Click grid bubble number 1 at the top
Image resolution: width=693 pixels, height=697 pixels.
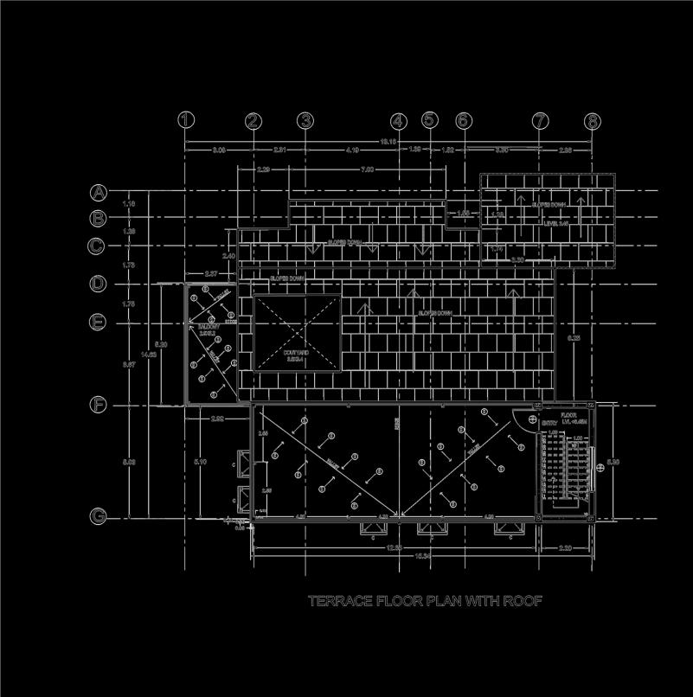pyautogui.click(x=186, y=121)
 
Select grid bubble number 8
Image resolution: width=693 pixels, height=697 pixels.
pyautogui.click(x=592, y=121)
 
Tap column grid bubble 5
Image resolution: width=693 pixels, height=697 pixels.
pyautogui.click(x=430, y=121)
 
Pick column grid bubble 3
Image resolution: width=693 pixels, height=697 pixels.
pyautogui.click(x=305, y=121)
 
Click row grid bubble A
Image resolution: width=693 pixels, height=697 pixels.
pyautogui.click(x=99, y=192)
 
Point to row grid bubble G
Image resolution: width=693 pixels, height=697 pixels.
pyautogui.click(x=99, y=517)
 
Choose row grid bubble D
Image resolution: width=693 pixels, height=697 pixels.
pyautogui.click(x=99, y=284)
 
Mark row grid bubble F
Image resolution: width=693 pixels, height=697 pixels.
pyautogui.click(x=99, y=405)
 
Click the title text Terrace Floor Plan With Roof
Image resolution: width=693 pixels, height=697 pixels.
pyautogui.click(x=425, y=601)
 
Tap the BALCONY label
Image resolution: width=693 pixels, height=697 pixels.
pyautogui.click(x=208, y=329)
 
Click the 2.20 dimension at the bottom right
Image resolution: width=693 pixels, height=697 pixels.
pyautogui.click(x=565, y=548)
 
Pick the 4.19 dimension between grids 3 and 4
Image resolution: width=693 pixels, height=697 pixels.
pyautogui.click(x=352, y=150)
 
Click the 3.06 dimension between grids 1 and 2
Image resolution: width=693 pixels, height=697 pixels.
pyautogui.click(x=219, y=150)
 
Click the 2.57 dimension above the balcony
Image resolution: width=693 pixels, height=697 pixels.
pyautogui.click(x=210, y=273)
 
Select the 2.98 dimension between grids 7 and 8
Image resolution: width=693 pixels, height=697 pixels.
pyautogui.click(x=565, y=150)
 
